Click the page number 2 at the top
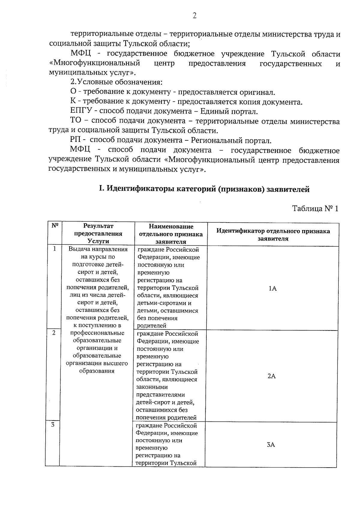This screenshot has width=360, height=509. (194, 16)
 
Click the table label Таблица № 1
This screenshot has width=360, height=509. (315, 209)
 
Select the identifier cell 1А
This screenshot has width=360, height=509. (272, 289)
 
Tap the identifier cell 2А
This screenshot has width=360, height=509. (271, 376)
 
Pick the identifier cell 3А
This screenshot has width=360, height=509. (271, 445)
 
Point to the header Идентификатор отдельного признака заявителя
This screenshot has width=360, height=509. (273, 235)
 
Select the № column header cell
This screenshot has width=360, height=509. (55, 226)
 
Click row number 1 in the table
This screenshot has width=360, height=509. (55, 249)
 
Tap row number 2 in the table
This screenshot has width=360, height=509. (54, 333)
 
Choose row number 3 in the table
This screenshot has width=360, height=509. (53, 424)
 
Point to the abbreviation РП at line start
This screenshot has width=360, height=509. (76, 140)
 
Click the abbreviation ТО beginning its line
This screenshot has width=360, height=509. (76, 121)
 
